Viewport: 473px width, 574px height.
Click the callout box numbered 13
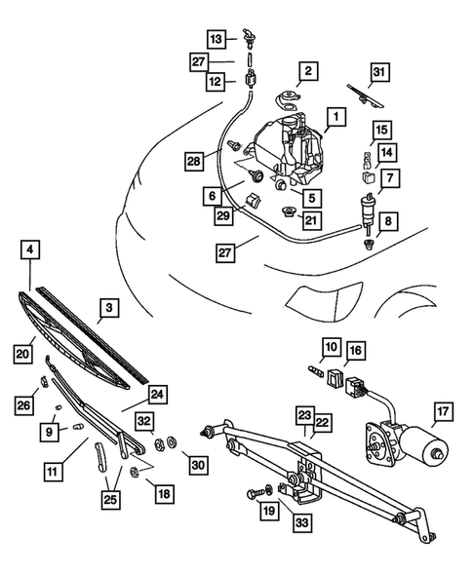click(x=217, y=38)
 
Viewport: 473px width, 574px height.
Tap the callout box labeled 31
click(x=379, y=70)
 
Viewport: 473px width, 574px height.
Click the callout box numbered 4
click(x=32, y=250)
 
